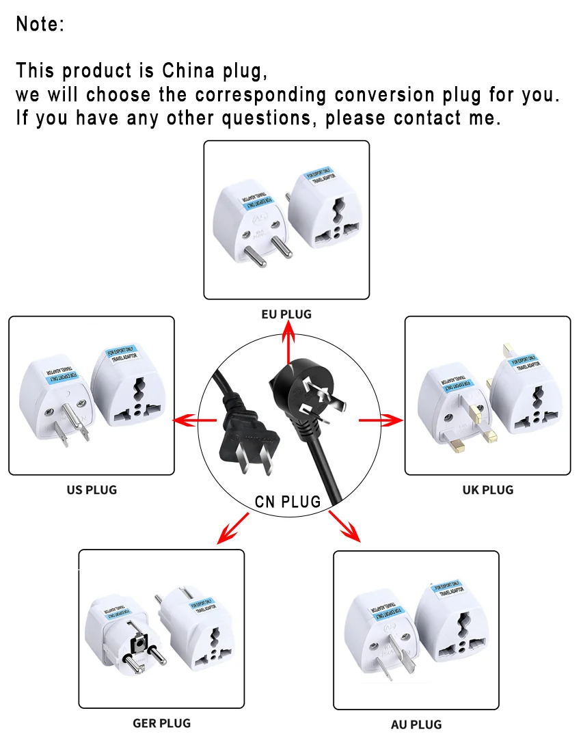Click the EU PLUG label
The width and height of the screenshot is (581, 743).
pyautogui.click(x=286, y=314)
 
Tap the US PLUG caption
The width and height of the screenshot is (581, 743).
pyautogui.click(x=92, y=489)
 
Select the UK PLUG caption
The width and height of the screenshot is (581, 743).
pyautogui.click(x=487, y=489)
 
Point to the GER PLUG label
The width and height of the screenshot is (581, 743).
pyautogui.click(x=161, y=722)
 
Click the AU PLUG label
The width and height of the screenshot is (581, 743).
pyautogui.click(x=416, y=725)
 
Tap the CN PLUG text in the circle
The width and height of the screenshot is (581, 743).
pyautogui.click(x=288, y=502)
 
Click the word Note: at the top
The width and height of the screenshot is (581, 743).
pyautogui.click(x=40, y=25)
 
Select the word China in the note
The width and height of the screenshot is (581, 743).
pyautogui.click(x=188, y=70)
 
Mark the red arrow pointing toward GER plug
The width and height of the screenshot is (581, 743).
pyautogui.click(x=232, y=529)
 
